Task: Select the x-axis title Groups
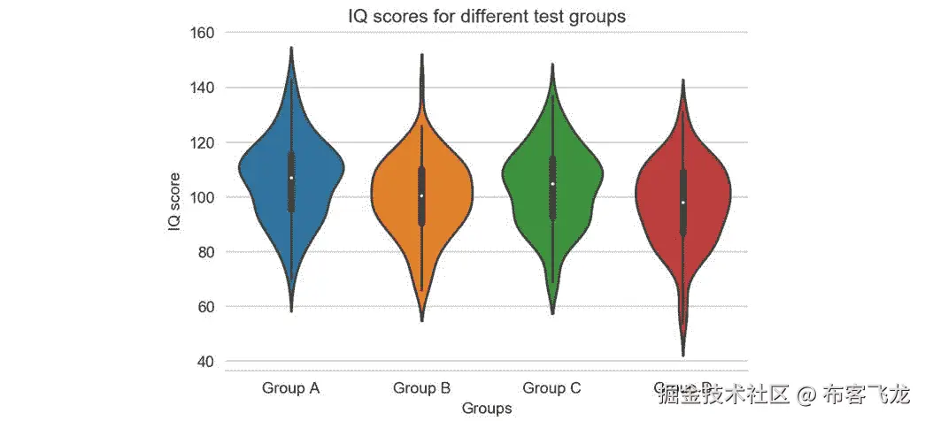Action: (487, 409)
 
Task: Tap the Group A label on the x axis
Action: (291, 388)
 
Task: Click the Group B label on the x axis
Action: (421, 388)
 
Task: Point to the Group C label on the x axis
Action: (552, 388)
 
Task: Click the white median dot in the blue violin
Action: (291, 178)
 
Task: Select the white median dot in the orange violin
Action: (422, 195)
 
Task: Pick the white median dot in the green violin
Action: (552, 184)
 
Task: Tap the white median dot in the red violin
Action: (683, 203)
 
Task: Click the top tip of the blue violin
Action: (291, 49)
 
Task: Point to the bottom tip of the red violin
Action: (683, 355)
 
